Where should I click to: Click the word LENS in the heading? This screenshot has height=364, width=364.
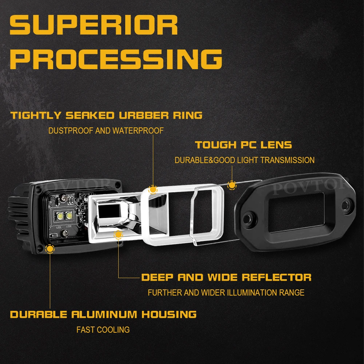click(x=277, y=145)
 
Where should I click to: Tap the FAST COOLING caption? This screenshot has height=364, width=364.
click(x=103, y=330)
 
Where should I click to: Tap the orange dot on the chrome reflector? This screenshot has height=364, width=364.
click(x=118, y=235)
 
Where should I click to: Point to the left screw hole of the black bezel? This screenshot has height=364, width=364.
click(x=249, y=219)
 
